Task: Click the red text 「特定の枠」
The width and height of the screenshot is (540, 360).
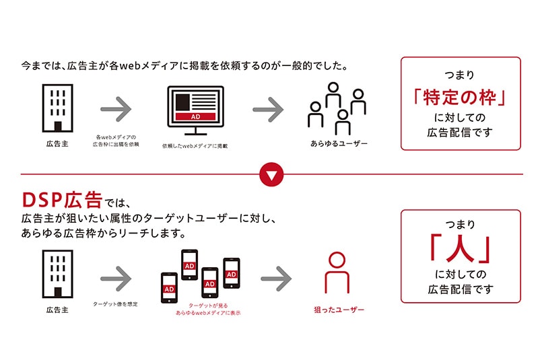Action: (x=460, y=97)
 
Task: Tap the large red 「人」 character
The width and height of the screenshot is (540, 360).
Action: (x=460, y=250)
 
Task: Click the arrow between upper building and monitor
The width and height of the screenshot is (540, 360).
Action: (x=116, y=108)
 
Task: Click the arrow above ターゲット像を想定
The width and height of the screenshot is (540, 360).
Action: (x=116, y=275)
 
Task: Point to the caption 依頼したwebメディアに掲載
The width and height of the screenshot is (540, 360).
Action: (x=195, y=146)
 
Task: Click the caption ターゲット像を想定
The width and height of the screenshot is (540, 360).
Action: (x=116, y=304)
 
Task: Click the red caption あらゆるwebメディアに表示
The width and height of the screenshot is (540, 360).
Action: (x=208, y=314)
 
